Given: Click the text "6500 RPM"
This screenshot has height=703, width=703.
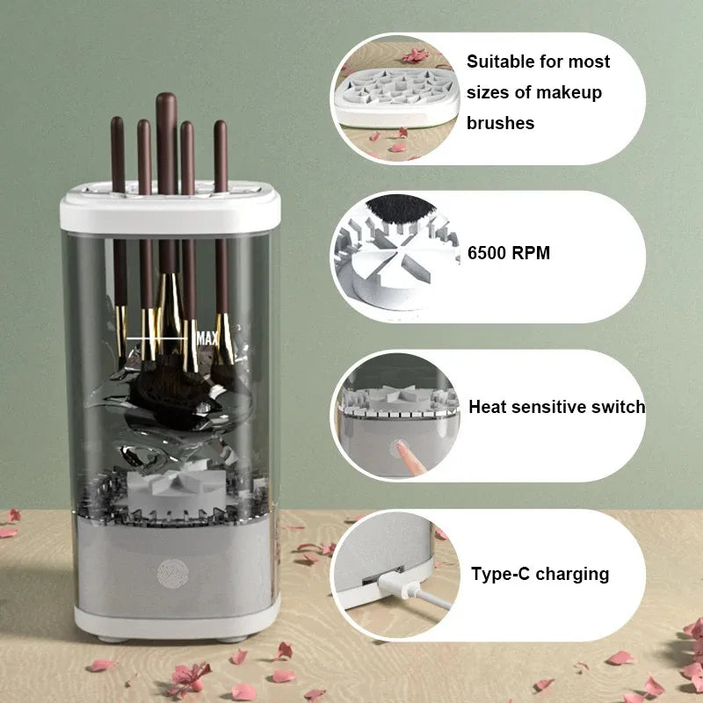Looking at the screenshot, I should click(509, 253).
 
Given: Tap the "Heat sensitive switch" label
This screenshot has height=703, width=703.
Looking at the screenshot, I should click(556, 407).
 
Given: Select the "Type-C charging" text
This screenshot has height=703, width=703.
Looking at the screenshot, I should click(540, 575).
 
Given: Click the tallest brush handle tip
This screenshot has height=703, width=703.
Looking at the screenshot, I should click(166, 98).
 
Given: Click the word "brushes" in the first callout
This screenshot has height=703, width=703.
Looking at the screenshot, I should click(500, 123).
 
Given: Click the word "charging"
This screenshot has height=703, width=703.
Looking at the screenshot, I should click(571, 575).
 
